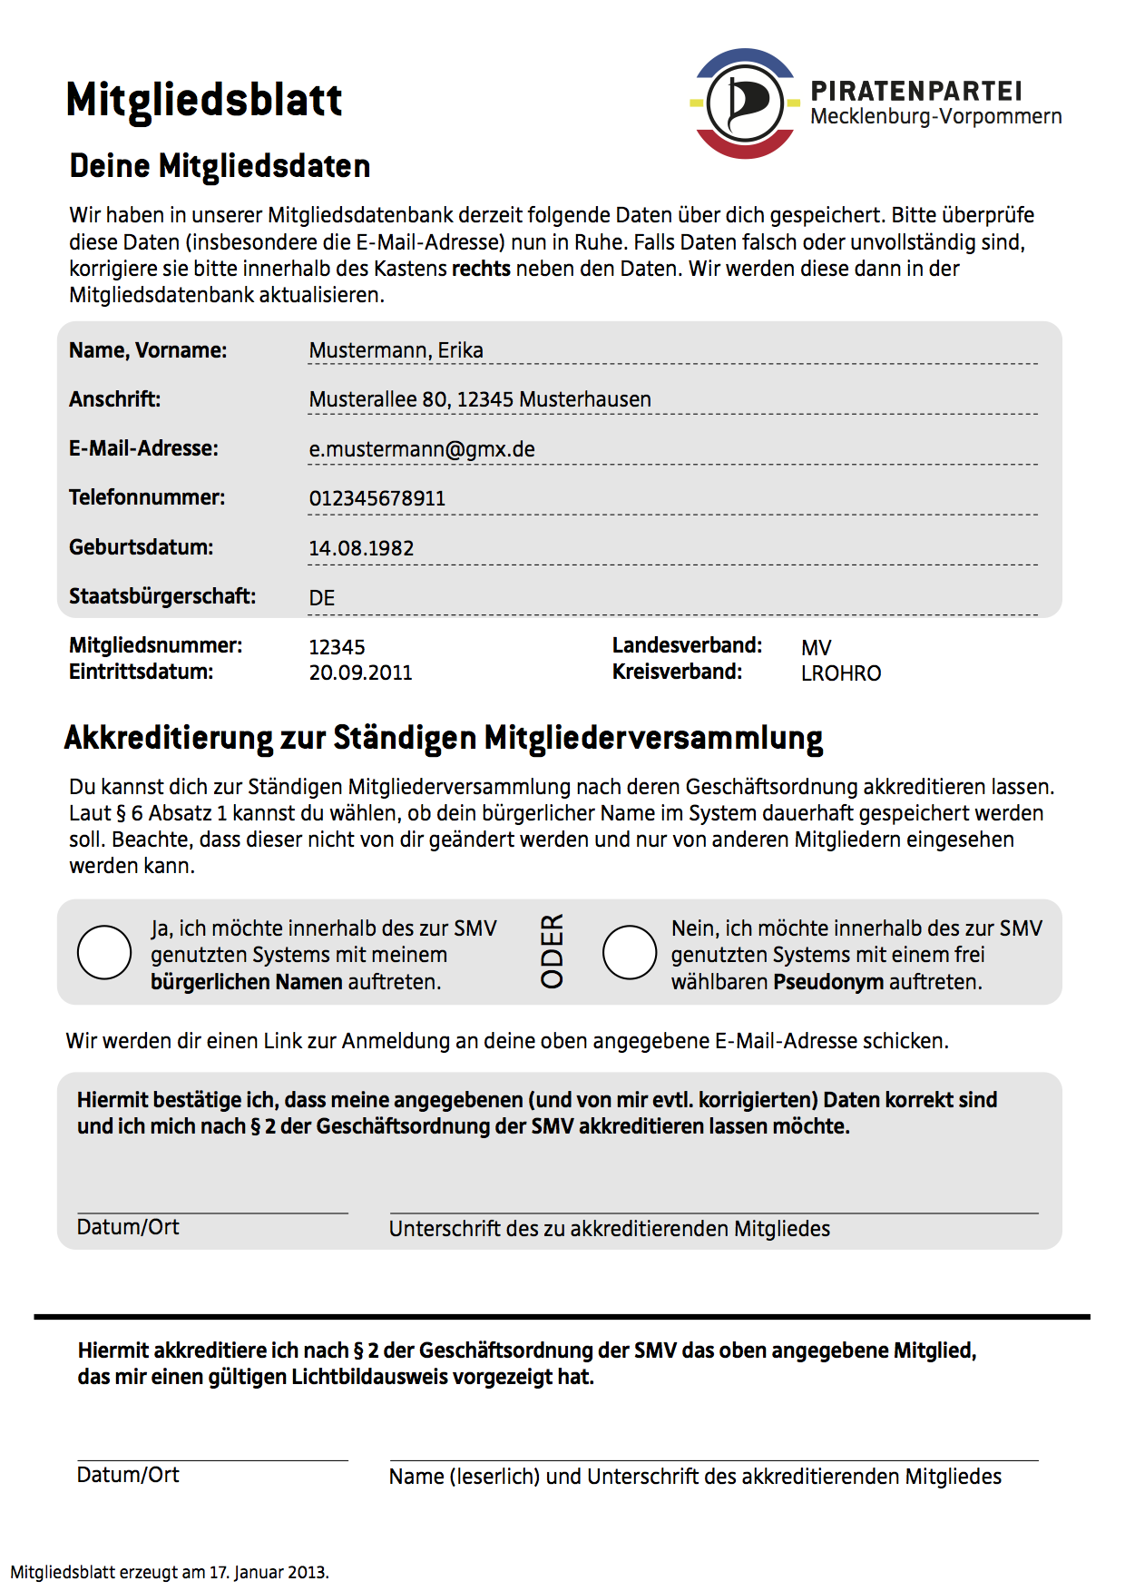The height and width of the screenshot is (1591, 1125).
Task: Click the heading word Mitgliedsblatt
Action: coord(204,100)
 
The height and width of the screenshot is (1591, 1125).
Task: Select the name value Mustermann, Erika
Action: coord(396,350)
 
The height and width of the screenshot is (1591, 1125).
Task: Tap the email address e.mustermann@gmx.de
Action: coord(422,449)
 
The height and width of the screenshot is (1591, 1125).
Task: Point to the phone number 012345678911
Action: coord(377,498)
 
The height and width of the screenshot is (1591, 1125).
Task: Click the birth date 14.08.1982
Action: coord(361,548)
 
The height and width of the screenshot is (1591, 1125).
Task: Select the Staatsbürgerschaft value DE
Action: coord(322,598)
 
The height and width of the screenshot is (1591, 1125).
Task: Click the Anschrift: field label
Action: coord(115,399)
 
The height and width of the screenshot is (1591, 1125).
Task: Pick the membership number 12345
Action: coord(337,647)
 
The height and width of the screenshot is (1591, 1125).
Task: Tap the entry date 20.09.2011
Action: coord(360,673)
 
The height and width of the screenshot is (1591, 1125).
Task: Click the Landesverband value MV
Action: coord(816,648)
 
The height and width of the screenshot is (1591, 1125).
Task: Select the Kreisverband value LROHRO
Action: coord(841,673)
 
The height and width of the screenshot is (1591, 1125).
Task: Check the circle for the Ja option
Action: coord(104,952)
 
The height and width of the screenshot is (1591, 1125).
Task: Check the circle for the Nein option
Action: coord(630,952)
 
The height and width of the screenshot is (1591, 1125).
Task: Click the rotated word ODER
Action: coord(553,950)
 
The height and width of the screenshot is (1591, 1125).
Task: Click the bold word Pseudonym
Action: coord(827,981)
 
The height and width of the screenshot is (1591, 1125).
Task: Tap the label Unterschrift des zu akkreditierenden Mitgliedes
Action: coord(610,1229)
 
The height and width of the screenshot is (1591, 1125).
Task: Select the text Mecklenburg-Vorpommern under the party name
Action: coord(935,117)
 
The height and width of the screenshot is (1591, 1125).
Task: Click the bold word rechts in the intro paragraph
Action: coord(481,269)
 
